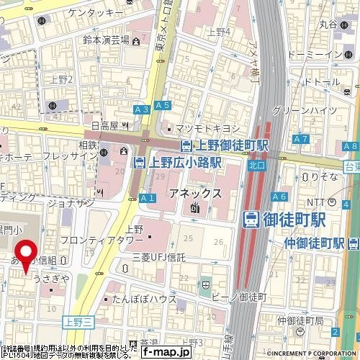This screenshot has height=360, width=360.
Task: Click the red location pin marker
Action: (27, 256)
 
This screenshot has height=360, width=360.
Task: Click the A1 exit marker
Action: (148, 198)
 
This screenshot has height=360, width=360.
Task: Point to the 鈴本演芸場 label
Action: (104, 40)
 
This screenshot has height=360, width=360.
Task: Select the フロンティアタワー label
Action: (109, 240)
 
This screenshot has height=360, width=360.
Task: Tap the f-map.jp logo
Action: (166, 352)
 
